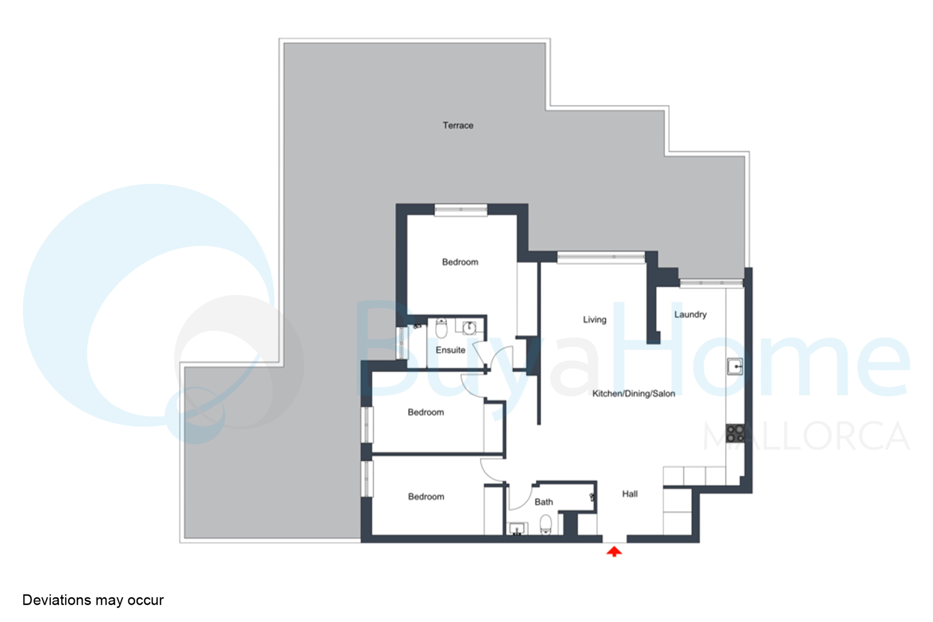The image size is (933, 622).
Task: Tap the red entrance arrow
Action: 614,551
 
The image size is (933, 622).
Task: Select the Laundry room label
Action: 690,315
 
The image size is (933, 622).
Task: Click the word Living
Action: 595,320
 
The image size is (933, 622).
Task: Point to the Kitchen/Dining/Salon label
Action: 633,394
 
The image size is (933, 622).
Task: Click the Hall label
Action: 630,494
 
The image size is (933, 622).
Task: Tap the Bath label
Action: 544,502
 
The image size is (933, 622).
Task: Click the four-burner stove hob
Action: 735,433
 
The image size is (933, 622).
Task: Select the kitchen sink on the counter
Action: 735,367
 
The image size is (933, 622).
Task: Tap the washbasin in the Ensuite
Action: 469,328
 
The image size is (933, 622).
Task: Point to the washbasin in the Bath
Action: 517,529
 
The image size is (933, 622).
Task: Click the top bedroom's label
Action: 460,262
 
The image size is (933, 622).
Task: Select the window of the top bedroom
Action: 461,210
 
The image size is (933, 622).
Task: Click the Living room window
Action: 601,258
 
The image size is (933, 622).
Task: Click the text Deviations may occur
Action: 93,600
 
